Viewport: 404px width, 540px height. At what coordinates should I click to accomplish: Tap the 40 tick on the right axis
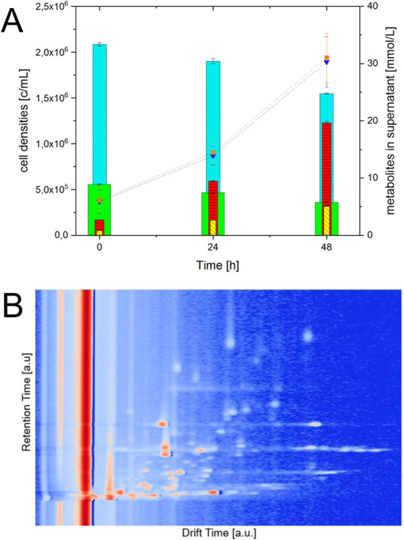pos(370,6)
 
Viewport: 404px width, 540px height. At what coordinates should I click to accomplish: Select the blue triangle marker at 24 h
pos(213,155)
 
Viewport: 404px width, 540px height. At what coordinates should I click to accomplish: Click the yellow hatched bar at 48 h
pos(327,220)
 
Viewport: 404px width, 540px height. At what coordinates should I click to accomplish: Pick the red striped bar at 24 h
pos(213,200)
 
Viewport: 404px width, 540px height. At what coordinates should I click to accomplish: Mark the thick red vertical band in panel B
pos(85,407)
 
